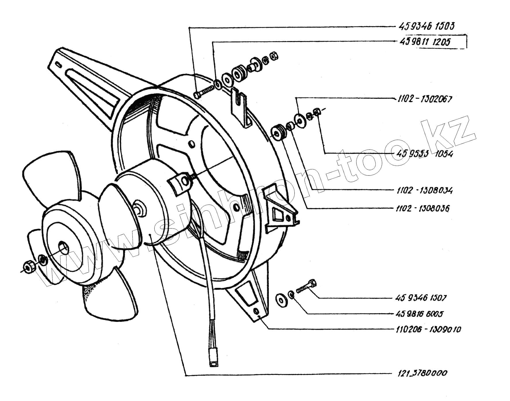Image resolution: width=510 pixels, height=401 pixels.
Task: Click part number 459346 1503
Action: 426,26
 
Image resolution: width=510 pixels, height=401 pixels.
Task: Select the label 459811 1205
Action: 425,42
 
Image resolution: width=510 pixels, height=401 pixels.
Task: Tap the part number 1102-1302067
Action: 425,99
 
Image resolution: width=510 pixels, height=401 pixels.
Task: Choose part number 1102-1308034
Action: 425,190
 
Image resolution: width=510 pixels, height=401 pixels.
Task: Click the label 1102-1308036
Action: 423,208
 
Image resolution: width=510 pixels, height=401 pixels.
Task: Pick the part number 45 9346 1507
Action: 421,298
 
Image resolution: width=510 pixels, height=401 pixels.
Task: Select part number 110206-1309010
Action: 428,329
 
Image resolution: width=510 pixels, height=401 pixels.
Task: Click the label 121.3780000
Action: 423,373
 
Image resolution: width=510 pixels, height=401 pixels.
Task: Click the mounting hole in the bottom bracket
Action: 256,312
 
